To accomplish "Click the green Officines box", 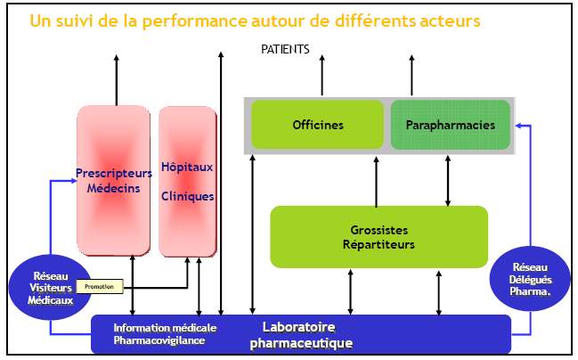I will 318,125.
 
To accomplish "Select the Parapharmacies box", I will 450,125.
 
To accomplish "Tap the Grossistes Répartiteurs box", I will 379,236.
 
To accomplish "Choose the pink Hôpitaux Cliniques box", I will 187,181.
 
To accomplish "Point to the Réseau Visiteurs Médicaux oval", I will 48,290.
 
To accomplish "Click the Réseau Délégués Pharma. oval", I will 530,278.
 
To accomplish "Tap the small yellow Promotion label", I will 100,287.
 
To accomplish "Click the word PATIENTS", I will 285,50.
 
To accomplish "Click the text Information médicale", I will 165,327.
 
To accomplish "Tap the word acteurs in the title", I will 449,20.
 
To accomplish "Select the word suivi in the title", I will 72,20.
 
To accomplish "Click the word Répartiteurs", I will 379,243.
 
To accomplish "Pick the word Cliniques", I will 187,197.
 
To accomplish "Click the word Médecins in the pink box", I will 113,188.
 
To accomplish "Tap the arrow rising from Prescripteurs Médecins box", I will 116,80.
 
